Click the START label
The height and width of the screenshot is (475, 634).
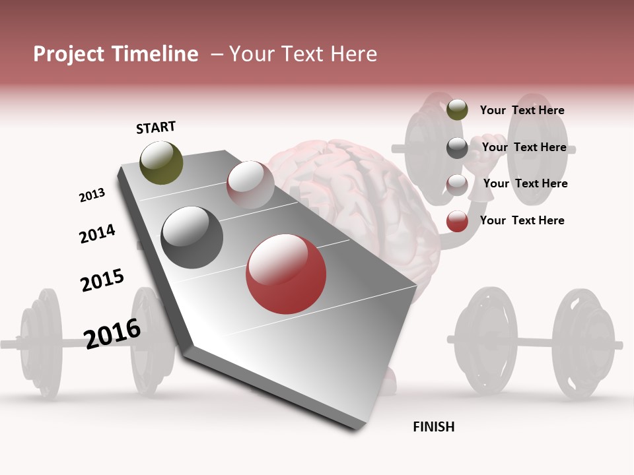[156, 127]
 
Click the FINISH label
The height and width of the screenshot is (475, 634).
[433, 427]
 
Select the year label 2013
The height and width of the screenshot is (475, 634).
[92, 195]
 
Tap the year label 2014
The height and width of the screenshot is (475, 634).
[97, 234]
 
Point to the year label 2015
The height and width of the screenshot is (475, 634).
[102, 280]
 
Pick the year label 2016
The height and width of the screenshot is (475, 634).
[112, 332]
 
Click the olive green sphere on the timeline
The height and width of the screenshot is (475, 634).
[161, 162]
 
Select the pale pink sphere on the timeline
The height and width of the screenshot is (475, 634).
[250, 185]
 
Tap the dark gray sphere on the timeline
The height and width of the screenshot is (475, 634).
[192, 237]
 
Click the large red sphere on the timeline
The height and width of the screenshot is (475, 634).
[286, 274]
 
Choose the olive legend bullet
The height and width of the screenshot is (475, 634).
[457, 110]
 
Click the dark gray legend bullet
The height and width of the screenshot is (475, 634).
[457, 148]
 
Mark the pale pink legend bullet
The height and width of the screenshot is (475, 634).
[457, 185]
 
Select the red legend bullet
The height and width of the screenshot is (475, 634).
[457, 222]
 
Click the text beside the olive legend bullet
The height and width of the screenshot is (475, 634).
[522, 110]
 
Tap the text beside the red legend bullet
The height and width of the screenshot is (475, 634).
[522, 220]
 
